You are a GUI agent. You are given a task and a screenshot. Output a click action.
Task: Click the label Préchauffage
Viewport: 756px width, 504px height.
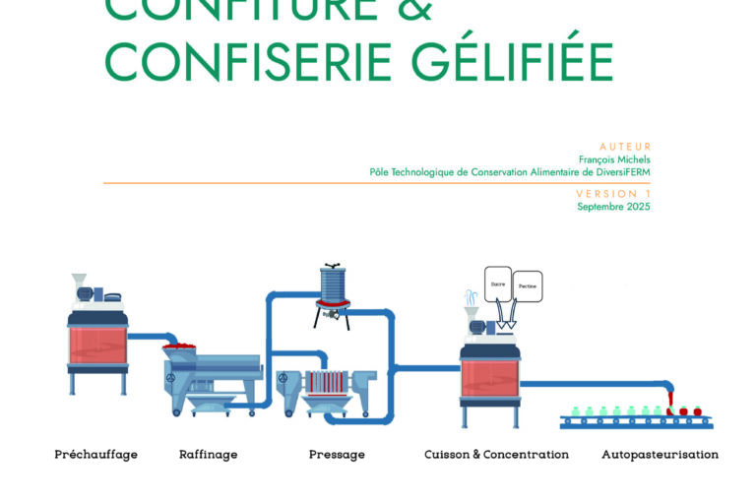pyautogui.click(x=95, y=455)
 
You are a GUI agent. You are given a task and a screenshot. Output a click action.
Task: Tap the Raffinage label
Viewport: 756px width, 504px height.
pyautogui.click(x=208, y=455)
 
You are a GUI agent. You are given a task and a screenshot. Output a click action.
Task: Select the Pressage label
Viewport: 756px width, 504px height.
pyautogui.click(x=337, y=455)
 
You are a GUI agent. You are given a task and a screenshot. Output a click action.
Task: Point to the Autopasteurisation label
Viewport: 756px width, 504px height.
pyautogui.click(x=660, y=455)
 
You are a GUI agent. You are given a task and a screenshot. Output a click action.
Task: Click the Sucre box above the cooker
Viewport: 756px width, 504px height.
pyautogui.click(x=497, y=283)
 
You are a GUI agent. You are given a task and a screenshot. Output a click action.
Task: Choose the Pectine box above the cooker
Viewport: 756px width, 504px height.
pyautogui.click(x=529, y=286)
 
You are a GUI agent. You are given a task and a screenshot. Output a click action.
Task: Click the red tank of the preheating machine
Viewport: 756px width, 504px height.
pyautogui.click(x=97, y=345)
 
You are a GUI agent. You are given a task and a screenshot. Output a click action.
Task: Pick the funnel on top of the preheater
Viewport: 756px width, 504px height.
pyautogui.click(x=80, y=282)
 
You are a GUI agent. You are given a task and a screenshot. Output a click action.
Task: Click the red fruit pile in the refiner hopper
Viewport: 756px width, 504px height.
pyautogui.click(x=181, y=346)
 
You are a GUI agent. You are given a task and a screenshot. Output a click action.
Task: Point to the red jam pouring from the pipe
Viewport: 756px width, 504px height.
pyautogui.click(x=670, y=398)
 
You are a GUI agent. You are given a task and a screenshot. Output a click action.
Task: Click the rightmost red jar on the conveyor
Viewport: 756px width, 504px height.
pyautogui.click(x=697, y=409)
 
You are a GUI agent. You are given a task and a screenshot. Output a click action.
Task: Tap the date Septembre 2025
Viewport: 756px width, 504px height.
pyautogui.click(x=613, y=207)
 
